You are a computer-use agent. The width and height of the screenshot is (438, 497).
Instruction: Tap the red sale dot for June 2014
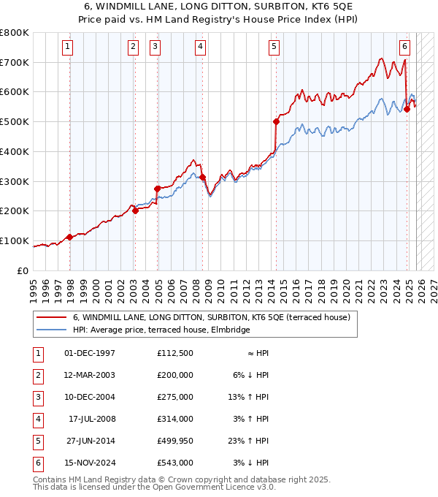(276, 121)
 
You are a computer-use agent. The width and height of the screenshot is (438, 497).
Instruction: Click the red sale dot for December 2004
(157, 189)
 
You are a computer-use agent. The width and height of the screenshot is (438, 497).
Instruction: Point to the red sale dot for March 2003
(135, 210)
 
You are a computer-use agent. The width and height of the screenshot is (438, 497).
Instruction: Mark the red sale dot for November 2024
(407, 109)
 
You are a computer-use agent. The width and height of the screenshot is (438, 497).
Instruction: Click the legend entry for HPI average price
(161, 330)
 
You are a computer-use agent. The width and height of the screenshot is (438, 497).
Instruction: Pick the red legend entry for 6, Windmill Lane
(212, 317)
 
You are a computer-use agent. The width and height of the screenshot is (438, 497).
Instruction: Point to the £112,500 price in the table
(175, 353)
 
